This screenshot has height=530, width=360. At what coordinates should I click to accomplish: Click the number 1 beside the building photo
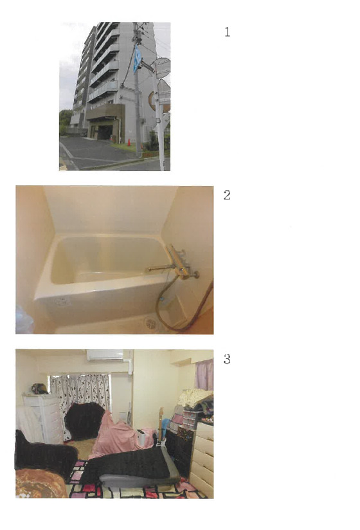(x=228, y=32)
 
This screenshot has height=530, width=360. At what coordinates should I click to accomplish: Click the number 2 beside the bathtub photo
(x=227, y=195)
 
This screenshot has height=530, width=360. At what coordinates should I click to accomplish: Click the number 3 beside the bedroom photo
(x=227, y=359)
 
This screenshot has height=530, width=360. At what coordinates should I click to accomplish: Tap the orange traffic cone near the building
(x=129, y=142)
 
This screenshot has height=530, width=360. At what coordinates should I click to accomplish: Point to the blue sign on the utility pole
(x=137, y=59)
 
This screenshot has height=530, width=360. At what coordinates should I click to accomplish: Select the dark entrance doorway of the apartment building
(x=105, y=132)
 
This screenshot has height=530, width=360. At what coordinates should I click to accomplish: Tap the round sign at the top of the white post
(x=162, y=68)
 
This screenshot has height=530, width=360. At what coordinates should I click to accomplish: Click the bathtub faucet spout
(x=159, y=269)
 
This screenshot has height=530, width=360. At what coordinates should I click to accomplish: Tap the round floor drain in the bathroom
(x=150, y=323)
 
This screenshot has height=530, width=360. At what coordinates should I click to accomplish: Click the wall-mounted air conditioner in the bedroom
(x=105, y=355)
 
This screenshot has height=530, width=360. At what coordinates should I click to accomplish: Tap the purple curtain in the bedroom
(x=204, y=374)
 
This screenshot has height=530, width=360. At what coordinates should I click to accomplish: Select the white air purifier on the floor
(x=141, y=438)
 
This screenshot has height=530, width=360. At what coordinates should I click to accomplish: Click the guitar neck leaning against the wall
(x=161, y=422)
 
